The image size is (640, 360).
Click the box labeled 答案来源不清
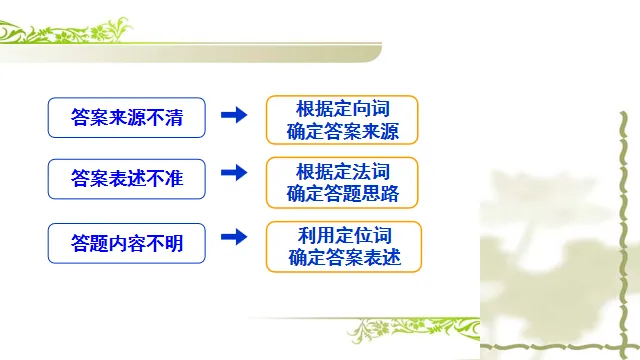(127, 117)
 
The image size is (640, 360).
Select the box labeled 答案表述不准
(127, 179)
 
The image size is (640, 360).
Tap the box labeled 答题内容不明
(127, 241)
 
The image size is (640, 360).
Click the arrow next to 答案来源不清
(233, 116)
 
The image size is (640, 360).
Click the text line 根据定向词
(343, 108)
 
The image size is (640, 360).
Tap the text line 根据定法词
(343, 170)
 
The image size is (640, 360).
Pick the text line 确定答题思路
(343, 194)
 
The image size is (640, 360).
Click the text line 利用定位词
(343, 234)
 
